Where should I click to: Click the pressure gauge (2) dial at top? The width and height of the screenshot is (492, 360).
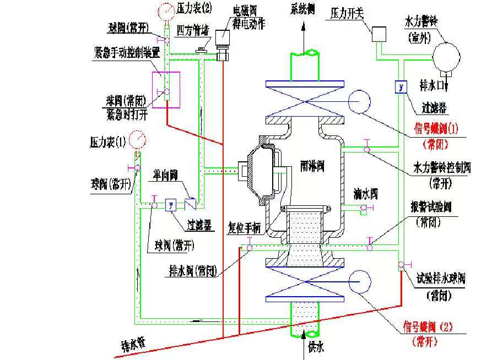point(165,10)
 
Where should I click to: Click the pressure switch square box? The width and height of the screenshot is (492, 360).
point(380,34)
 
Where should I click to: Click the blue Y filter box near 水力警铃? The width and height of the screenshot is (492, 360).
point(401,87)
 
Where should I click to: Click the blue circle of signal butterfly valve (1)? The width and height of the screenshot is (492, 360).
point(360,102)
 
